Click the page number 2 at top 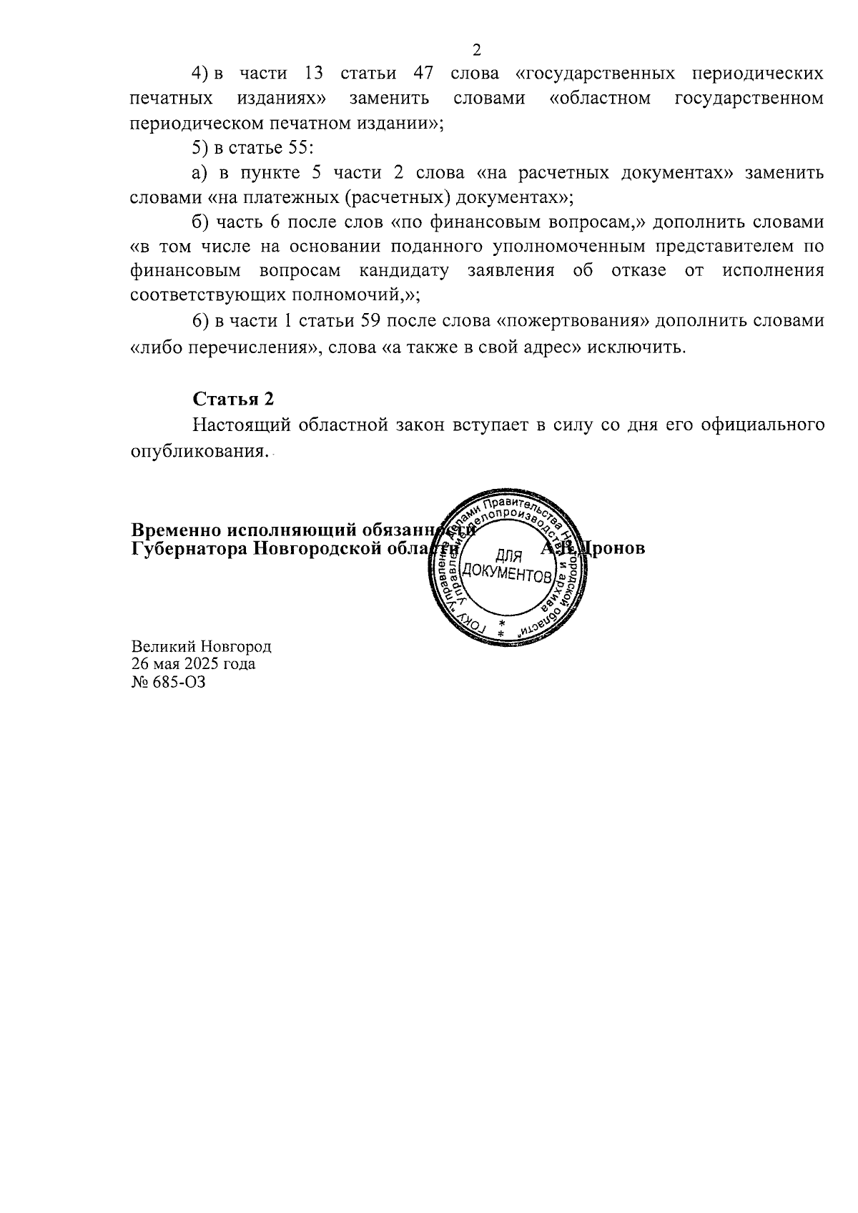477,49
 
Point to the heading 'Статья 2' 233,399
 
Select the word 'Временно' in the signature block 176,530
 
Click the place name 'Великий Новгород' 202,646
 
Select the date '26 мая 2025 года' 193,664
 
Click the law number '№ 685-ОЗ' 168,681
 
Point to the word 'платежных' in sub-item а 297,197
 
